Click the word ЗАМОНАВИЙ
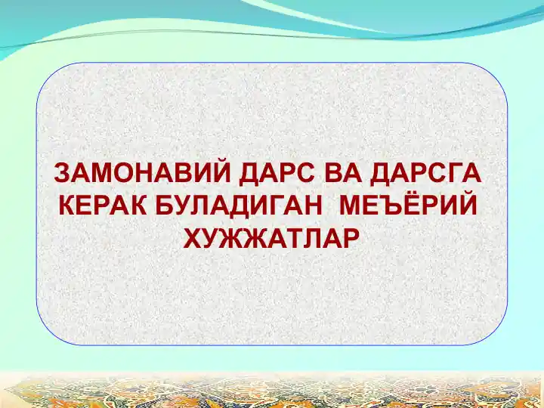point(142,172)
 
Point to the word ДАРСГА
point(425,174)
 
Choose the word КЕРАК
point(104,206)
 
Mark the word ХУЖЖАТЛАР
point(270,238)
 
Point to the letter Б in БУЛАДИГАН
point(165,206)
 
